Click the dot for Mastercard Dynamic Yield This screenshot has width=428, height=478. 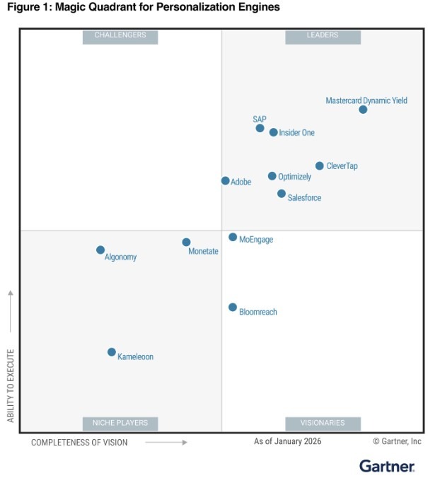(363, 110)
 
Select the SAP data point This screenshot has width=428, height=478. (260, 128)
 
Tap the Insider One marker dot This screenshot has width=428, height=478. (274, 132)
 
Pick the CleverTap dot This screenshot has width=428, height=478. (320, 166)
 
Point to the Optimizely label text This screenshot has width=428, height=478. (294, 177)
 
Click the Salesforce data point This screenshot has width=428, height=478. (282, 194)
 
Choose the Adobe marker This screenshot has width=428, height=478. (226, 181)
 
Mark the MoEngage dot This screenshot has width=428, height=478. (233, 237)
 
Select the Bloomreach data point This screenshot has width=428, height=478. (233, 307)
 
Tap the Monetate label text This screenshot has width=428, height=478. (203, 252)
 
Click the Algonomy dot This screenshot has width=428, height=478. (100, 250)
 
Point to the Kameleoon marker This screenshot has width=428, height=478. (112, 352)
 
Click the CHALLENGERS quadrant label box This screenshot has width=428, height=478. (120, 35)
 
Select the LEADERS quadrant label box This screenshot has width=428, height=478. (323, 35)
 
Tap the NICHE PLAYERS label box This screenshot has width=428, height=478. (120, 423)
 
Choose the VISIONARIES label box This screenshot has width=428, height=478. (323, 423)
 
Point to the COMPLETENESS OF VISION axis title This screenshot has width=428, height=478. (79, 443)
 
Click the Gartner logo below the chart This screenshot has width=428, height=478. (387, 465)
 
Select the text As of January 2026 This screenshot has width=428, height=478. (288, 442)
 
